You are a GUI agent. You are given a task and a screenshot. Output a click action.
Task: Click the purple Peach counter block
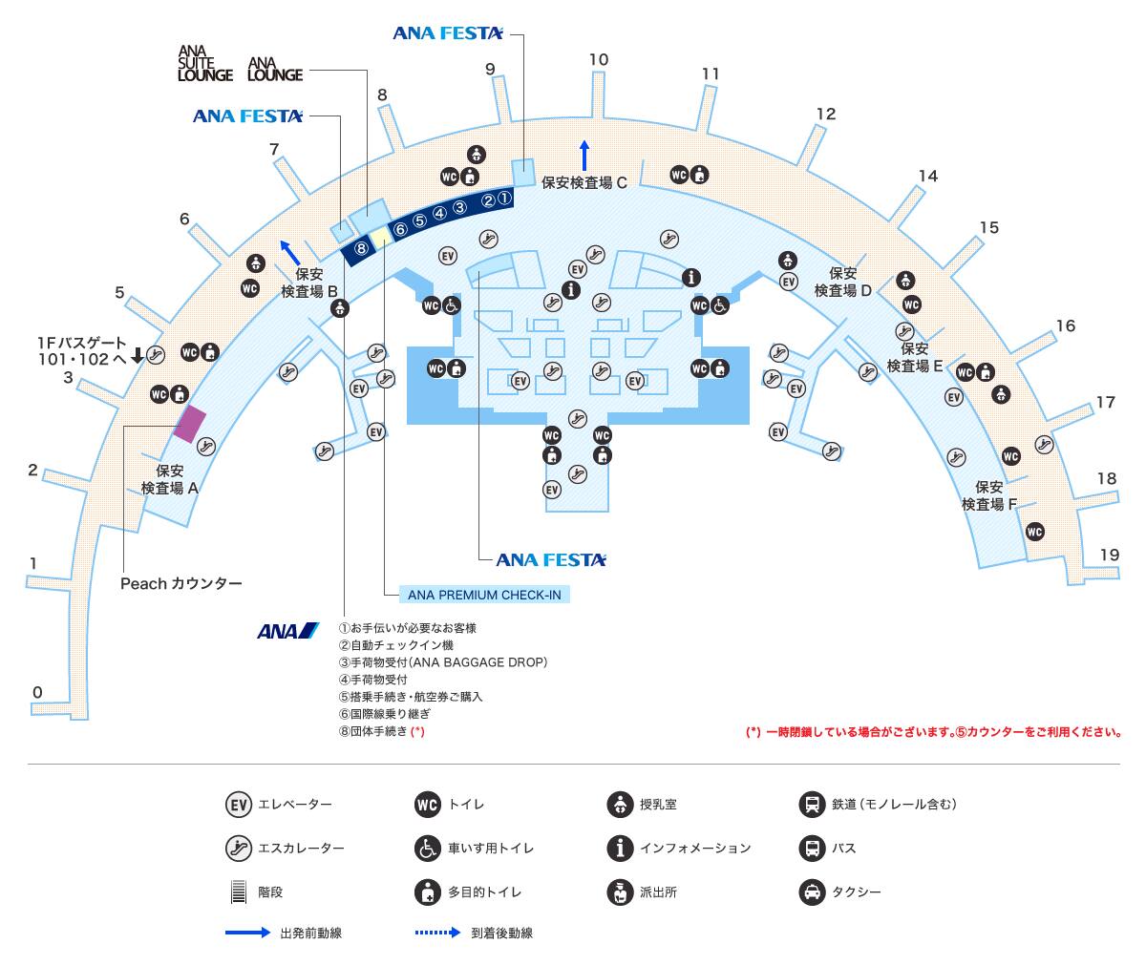pyautogui.click(x=190, y=424)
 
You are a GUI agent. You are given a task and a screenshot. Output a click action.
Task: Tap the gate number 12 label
pyautogui.click(x=825, y=114)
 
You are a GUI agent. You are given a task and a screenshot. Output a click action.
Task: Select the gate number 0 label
pyautogui.click(x=37, y=692)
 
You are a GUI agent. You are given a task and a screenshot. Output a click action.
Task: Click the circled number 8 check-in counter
pyautogui.click(x=361, y=248)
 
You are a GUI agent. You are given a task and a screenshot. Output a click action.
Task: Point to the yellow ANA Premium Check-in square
pyautogui.click(x=381, y=237)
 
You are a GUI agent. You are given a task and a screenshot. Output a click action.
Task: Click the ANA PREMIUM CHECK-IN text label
pyautogui.click(x=484, y=595)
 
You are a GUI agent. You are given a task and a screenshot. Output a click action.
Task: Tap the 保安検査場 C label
pyautogui.click(x=584, y=182)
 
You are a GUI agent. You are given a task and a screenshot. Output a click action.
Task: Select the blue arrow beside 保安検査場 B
pyautogui.click(x=289, y=252)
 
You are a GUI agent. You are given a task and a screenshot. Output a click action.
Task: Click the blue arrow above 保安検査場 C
pyautogui.click(x=584, y=156)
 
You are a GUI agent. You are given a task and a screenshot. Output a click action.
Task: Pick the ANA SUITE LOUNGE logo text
pyautogui.click(x=204, y=64)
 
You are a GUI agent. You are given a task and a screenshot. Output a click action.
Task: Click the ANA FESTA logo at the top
pyautogui.click(x=447, y=33)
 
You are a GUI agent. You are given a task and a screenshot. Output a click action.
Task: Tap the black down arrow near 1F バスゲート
pyautogui.click(x=138, y=355)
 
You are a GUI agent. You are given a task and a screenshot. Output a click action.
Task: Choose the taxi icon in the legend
pyautogui.click(x=812, y=892)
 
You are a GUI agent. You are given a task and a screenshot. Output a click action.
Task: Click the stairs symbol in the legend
pyautogui.click(x=238, y=892)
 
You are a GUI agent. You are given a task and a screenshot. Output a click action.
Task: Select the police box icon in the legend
pyautogui.click(x=620, y=892)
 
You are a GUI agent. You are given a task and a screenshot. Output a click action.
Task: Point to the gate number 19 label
pyautogui.click(x=1109, y=555)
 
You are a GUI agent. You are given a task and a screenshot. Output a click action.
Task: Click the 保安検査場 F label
pyautogui.click(x=989, y=495)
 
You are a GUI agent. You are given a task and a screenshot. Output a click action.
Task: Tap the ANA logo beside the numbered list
pyautogui.click(x=288, y=631)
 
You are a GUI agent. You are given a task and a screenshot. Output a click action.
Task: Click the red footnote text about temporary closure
pyautogui.click(x=933, y=732)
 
